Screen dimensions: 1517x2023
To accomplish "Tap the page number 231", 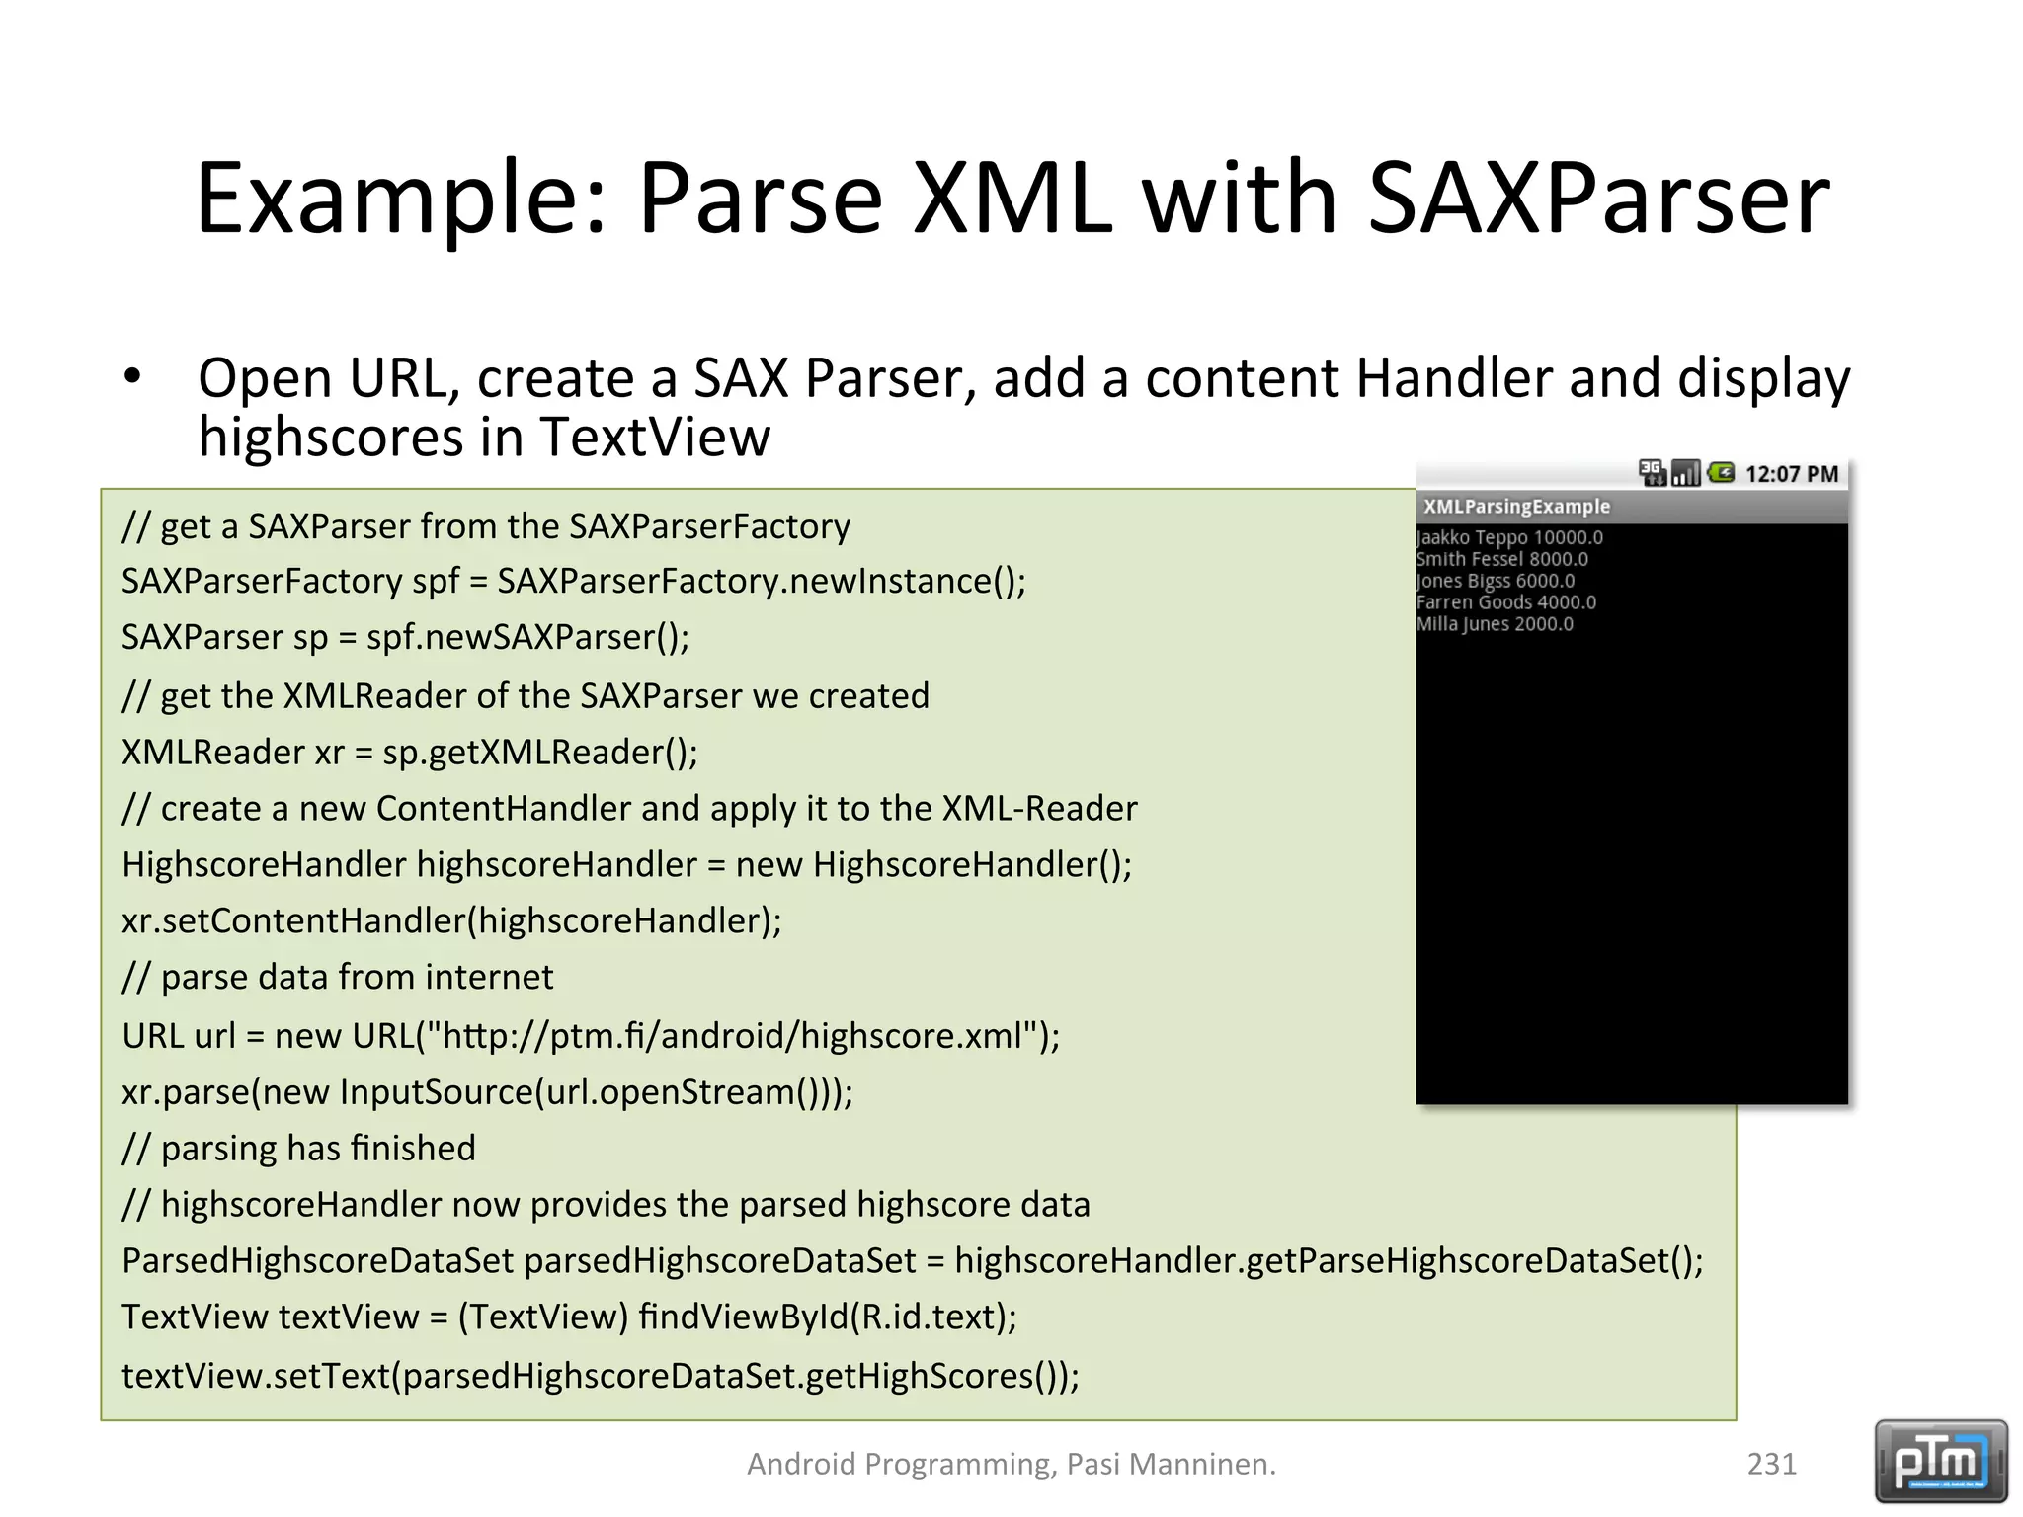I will pos(1771,1464).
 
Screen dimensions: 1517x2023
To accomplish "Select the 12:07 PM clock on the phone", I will pos(1791,475).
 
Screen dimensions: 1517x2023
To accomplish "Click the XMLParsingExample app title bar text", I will pos(1516,507).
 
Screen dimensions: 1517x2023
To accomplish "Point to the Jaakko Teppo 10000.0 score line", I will pos(1509,538).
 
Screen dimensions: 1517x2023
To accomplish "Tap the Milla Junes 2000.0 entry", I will pos(1495,624).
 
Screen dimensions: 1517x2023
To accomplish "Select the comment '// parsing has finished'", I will pos(298,1149).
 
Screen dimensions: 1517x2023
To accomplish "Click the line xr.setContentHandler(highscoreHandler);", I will pos(451,921).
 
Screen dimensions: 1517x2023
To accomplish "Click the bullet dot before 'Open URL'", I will pos(132,377).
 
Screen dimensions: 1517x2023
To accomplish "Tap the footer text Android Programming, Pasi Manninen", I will pos(1011,1464).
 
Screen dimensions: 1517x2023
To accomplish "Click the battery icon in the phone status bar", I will pos(1721,474).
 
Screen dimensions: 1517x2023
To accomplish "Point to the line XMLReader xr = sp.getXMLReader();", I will pos(409,753).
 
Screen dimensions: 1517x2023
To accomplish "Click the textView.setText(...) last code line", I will pos(600,1376).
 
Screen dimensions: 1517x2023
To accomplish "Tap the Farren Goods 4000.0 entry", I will pos(1505,602).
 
